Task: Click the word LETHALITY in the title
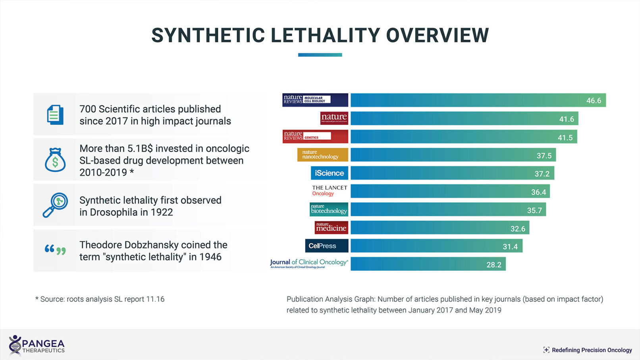point(326,35)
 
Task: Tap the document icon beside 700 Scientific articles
point(55,115)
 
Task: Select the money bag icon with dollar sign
point(55,160)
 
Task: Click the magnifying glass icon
point(55,205)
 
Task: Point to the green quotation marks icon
point(55,250)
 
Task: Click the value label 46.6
point(594,100)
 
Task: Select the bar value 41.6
point(567,119)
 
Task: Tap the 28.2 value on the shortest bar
point(494,265)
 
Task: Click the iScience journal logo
point(329,173)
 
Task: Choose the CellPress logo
point(326,246)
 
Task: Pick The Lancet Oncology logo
point(329,191)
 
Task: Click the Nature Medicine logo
point(331,227)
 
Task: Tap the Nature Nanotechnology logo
point(322,155)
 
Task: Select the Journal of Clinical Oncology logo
point(309,263)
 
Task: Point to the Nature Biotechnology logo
point(329,209)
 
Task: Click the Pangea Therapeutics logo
point(37,345)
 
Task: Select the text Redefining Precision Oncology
point(592,350)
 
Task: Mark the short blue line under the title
point(320,55)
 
